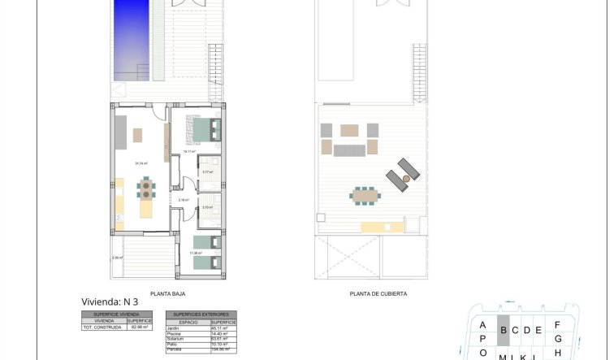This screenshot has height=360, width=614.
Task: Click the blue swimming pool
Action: [x=131, y=41]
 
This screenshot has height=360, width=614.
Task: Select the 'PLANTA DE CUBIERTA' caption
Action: [x=378, y=294]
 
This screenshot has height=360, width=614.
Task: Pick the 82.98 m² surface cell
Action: [x=141, y=327]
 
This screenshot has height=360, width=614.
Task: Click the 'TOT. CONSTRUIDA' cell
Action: [x=104, y=327]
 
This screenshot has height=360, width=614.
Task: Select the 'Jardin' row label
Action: [x=175, y=327]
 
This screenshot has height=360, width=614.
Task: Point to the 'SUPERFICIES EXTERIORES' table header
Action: [x=201, y=314]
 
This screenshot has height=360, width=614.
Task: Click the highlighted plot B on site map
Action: [x=504, y=329]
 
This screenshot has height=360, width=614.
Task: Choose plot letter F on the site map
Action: [x=557, y=324]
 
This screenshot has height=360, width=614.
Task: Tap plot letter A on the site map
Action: [x=482, y=324]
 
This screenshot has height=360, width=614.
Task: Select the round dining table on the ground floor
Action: [x=146, y=189]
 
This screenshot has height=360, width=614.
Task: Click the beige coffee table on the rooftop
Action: [x=349, y=129]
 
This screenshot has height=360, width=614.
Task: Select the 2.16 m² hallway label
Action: [x=184, y=199]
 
